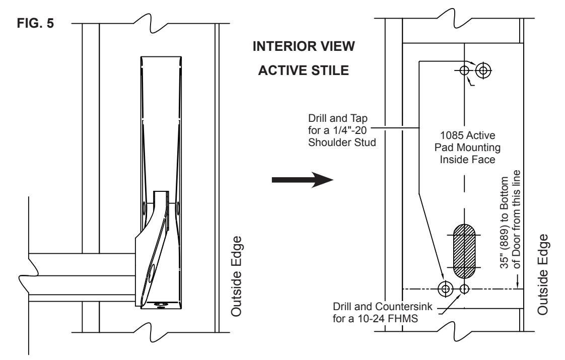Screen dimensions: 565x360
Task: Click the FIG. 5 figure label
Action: (35, 23)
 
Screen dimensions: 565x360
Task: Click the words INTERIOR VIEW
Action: (304, 46)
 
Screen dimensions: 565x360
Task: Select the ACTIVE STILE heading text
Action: (304, 70)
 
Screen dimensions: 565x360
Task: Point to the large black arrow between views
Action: (302, 179)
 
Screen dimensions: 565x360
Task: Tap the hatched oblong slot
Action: (464, 252)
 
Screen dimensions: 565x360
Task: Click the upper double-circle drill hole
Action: (483, 70)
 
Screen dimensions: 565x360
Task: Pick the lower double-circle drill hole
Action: (445, 289)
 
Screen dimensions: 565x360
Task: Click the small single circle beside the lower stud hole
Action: (464, 289)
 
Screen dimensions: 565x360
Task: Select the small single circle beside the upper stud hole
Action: (464, 70)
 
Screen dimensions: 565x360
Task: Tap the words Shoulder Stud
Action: (342, 142)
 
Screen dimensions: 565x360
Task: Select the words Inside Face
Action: (467, 159)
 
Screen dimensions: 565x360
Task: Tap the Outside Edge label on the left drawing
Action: (236, 276)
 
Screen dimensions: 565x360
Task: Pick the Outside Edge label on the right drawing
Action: (543, 274)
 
